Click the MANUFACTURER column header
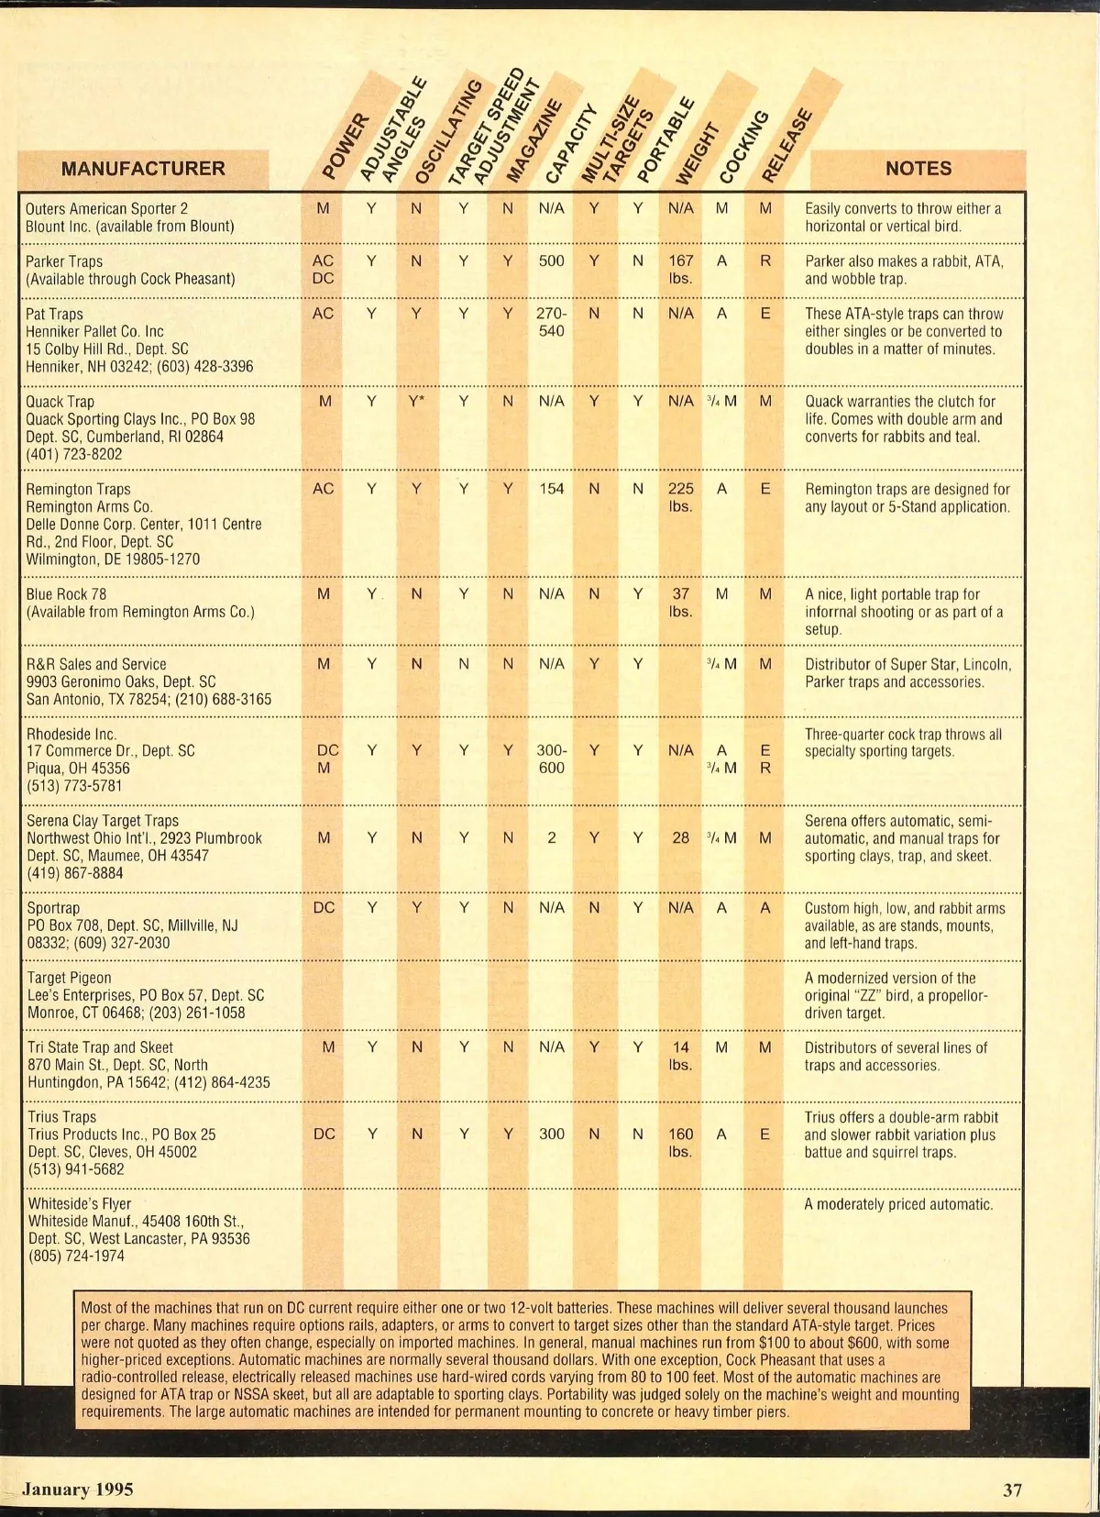tap(142, 169)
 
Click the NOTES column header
tap(918, 169)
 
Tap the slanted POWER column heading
tap(346, 146)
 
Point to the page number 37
tap(1012, 1490)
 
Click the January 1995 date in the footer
tap(78, 1489)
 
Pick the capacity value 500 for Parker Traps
tap(551, 260)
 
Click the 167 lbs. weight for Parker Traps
tap(680, 270)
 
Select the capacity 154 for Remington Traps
tap(551, 489)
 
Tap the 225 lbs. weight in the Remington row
tap(680, 498)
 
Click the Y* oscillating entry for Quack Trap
tap(417, 401)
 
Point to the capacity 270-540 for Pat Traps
tap(551, 322)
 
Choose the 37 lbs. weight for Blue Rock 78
tap(680, 603)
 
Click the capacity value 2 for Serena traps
tap(551, 838)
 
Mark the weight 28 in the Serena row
tap(680, 838)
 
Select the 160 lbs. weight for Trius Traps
tap(680, 1143)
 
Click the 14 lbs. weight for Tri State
tap(680, 1056)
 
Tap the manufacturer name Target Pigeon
tap(69, 978)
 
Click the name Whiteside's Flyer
tap(79, 1203)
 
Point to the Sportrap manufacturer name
tap(53, 908)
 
